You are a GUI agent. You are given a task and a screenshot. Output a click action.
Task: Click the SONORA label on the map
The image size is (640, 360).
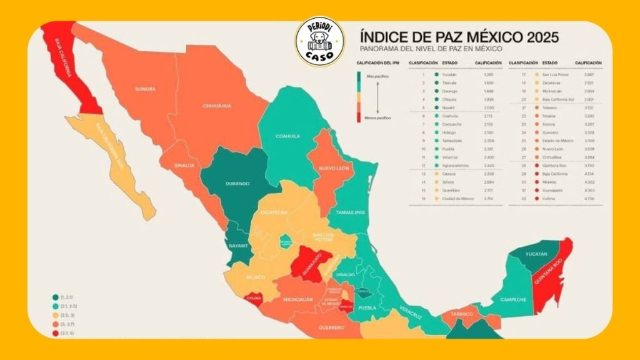(144, 89)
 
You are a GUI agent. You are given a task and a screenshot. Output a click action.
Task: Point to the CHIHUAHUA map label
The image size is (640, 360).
(217, 106)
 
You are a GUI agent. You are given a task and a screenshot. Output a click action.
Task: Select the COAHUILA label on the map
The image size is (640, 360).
(287, 136)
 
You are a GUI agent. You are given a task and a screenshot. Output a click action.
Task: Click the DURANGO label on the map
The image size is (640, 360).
(238, 183)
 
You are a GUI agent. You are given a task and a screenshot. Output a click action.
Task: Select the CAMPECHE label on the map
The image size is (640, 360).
(512, 300)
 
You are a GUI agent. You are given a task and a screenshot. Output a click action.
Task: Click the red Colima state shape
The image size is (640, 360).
(252, 299)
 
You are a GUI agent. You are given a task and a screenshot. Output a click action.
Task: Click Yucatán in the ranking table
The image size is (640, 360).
(441, 74)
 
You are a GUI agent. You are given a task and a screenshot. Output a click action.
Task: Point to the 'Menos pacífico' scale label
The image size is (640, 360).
(373, 117)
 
